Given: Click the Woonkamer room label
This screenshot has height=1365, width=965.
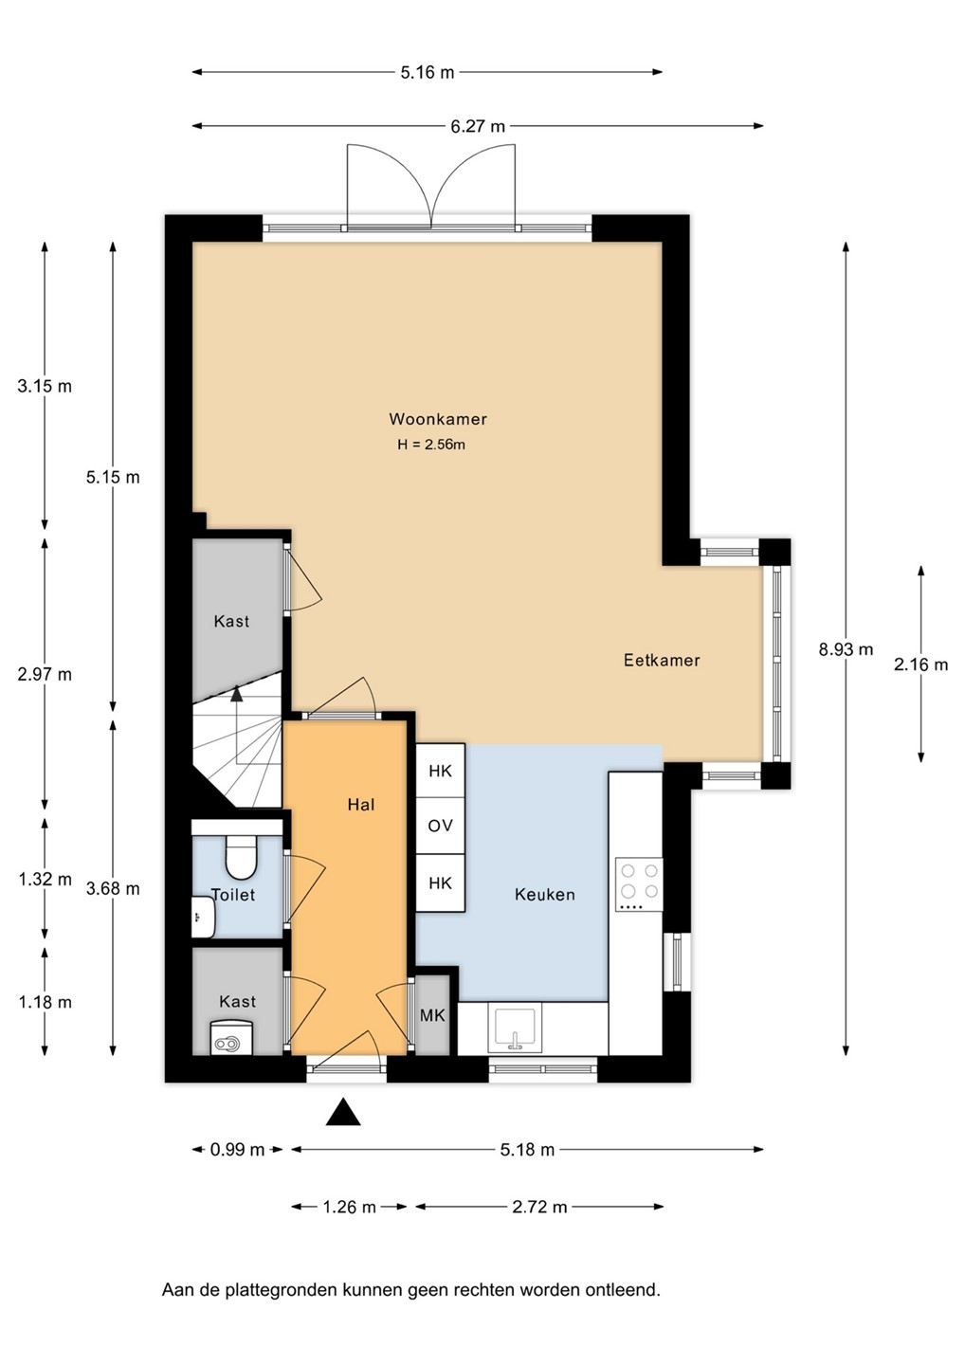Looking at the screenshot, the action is click(x=438, y=419).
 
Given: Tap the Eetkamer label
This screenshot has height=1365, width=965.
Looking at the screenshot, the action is click(x=662, y=660).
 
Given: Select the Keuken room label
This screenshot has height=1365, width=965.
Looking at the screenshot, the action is click(x=545, y=895).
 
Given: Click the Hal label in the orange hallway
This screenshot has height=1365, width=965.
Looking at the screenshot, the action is click(x=360, y=805).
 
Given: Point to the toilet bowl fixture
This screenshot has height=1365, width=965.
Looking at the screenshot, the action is click(x=241, y=856).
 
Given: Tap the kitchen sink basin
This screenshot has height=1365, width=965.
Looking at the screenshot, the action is click(x=515, y=1029).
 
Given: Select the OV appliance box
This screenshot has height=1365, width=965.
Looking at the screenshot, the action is click(x=440, y=826).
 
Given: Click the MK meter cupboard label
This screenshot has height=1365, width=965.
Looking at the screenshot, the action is click(x=432, y=1016).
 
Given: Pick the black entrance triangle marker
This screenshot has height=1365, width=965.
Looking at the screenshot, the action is click(x=343, y=1112).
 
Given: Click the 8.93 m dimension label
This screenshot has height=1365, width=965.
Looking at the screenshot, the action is click(x=846, y=649).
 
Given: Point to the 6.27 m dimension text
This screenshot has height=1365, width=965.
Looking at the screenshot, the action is click(x=478, y=126).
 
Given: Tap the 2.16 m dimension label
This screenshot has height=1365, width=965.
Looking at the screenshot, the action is click(x=920, y=664).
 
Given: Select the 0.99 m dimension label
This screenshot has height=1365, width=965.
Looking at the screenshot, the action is click(x=237, y=1150).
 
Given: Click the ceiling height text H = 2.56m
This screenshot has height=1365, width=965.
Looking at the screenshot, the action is click(x=431, y=445).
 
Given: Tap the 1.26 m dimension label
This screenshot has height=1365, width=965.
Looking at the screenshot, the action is click(x=349, y=1207).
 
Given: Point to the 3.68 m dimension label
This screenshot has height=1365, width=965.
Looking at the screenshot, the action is click(x=113, y=889).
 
